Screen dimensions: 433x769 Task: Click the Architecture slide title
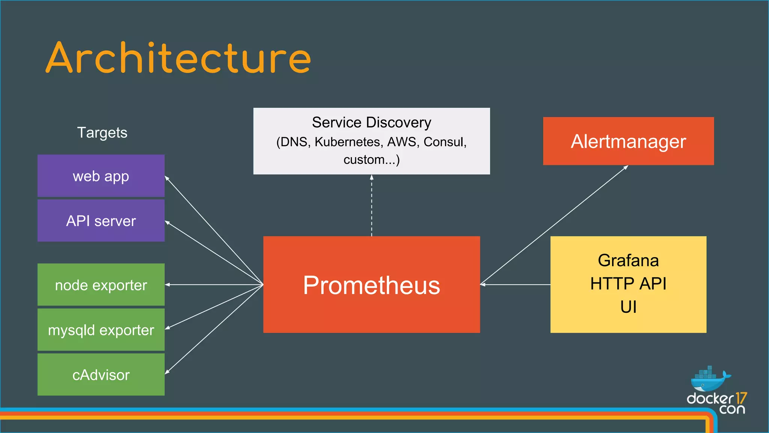(178, 58)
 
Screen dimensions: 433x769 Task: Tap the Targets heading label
(102, 133)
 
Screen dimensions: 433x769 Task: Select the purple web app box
(101, 176)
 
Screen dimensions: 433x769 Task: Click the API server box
(101, 221)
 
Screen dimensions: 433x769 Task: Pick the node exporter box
(101, 285)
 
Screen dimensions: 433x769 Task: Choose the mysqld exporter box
(101, 330)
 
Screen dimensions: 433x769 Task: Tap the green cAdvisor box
(101, 375)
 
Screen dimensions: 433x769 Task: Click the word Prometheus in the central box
(371, 285)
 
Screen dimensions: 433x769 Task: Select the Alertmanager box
(628, 141)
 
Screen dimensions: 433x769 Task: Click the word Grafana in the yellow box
(628, 260)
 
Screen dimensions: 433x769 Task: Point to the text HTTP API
(628, 283)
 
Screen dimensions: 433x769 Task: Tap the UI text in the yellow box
(628, 307)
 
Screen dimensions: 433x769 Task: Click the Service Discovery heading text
(371, 123)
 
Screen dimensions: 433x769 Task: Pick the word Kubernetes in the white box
(347, 142)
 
